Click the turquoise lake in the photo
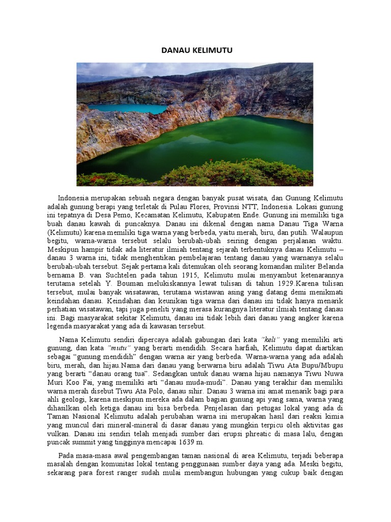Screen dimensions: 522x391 point(127,109)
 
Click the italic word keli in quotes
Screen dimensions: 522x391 point(270,339)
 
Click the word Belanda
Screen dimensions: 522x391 point(328,267)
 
